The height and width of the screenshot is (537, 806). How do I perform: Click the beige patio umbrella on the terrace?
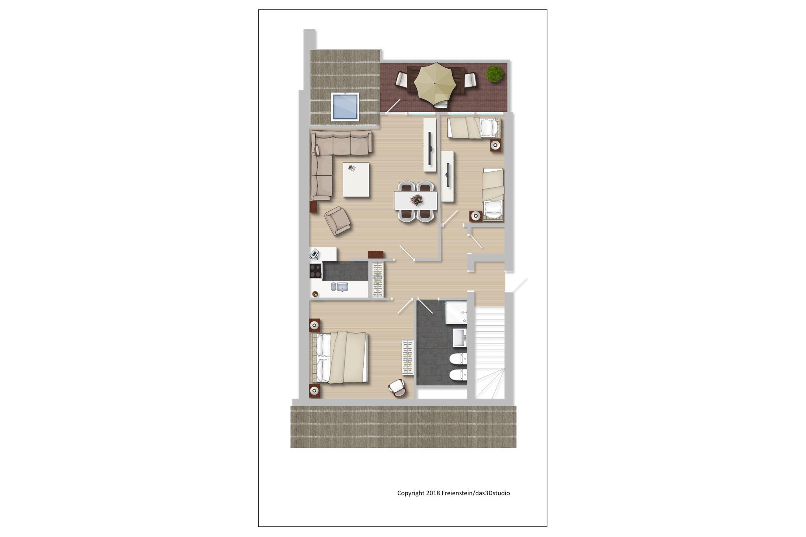coord(435,83)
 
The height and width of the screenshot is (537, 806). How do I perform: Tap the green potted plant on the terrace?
coord(495,74)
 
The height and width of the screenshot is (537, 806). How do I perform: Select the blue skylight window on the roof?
coord(345,106)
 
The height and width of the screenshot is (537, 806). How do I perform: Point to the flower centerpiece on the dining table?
coord(416,200)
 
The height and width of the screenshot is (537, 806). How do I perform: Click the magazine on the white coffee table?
coord(351,168)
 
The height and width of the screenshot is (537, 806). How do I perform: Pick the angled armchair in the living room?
coord(337,221)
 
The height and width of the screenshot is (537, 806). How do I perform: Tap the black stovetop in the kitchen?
coord(315,271)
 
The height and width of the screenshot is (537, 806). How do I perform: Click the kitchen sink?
coord(340,287)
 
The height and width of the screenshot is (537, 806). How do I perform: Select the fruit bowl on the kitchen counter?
coord(315,293)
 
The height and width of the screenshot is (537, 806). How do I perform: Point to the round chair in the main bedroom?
coord(397,388)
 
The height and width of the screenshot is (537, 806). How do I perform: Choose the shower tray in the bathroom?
coord(456,312)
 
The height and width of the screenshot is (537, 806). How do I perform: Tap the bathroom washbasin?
coord(460,338)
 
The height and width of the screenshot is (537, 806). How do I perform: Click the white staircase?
coord(490,352)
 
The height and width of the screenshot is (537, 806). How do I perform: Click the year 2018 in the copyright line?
coord(433,493)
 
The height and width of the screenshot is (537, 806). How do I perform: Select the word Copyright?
coord(410,493)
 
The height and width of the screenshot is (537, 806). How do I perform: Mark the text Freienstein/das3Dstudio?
coord(476,493)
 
